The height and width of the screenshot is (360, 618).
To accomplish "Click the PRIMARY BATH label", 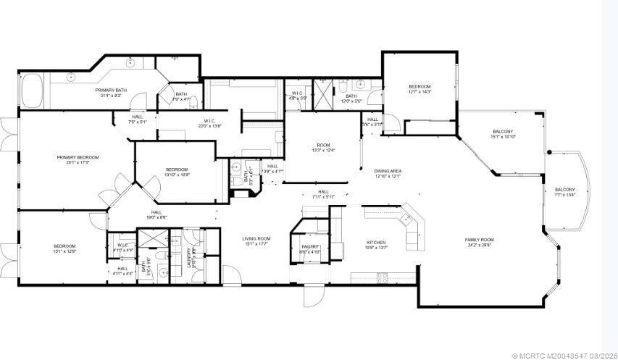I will (x=111, y=92).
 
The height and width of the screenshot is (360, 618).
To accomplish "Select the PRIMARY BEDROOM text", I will (x=78, y=159).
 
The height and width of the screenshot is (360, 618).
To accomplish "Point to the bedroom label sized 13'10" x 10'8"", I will (x=177, y=172).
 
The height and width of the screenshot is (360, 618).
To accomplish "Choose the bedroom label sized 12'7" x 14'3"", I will (x=419, y=89).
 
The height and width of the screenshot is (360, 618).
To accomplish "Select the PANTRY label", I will (x=311, y=248).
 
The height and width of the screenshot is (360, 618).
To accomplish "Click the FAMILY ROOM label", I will (x=479, y=242).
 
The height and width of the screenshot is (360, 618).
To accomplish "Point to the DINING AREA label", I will (x=388, y=173).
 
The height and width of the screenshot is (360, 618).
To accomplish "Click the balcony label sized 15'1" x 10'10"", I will (x=502, y=134).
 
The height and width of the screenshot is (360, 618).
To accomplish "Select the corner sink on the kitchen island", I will (x=408, y=217).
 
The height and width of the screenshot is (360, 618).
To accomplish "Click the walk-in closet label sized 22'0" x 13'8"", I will (x=209, y=123).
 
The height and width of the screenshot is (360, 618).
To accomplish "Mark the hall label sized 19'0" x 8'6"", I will (x=156, y=214).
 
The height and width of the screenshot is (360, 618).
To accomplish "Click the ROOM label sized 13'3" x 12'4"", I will (x=322, y=148).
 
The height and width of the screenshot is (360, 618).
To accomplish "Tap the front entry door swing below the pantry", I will (x=313, y=296).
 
